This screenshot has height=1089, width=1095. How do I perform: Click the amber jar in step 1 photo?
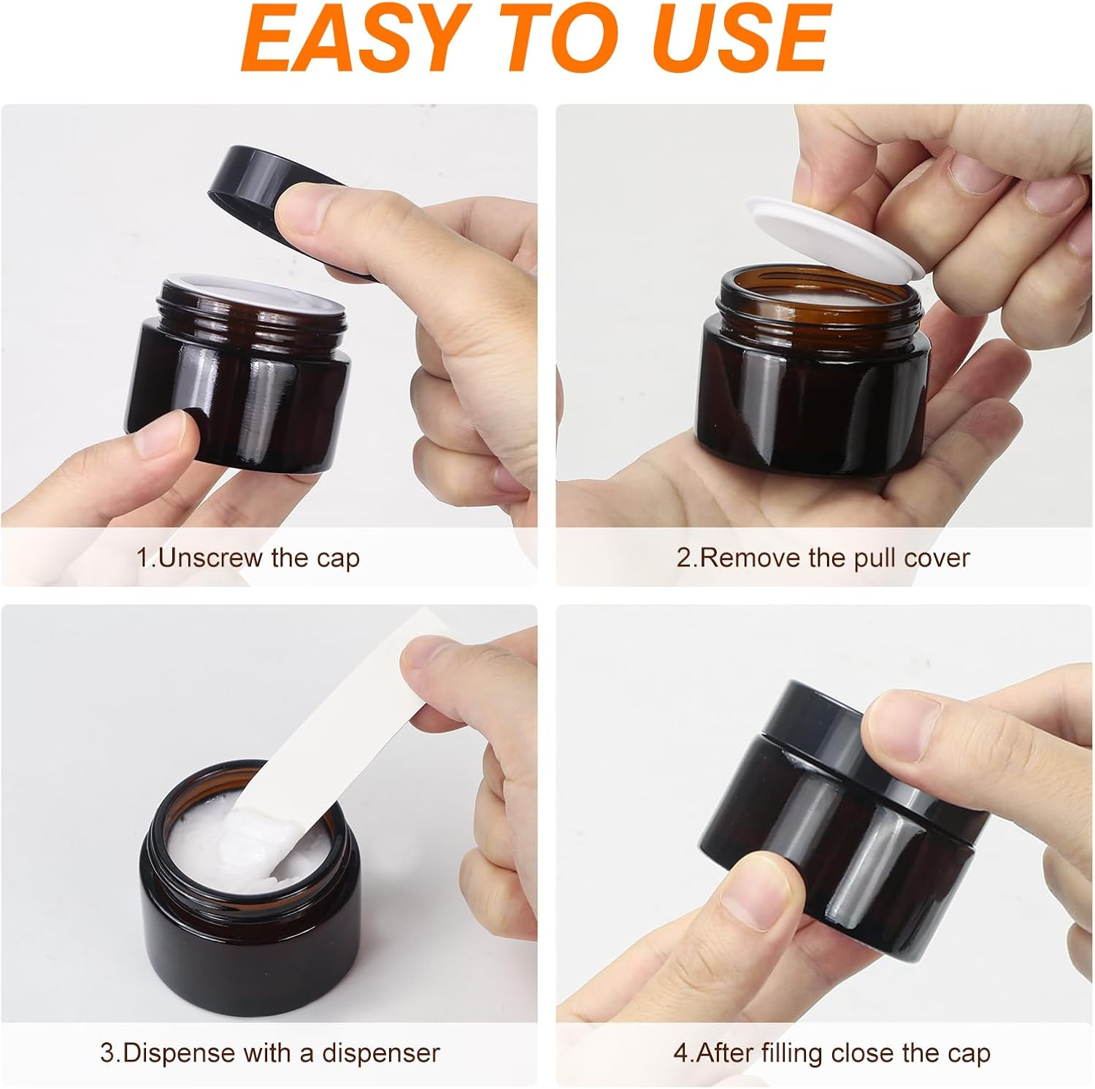click(241, 394)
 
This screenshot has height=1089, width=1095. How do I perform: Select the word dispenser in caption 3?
click(381, 1053)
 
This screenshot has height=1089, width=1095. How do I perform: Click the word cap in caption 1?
click(338, 559)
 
